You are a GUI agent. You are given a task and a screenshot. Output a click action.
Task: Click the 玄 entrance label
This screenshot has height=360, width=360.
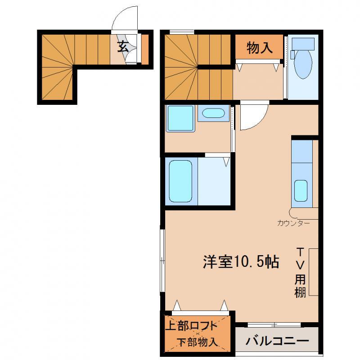click(x=122, y=47)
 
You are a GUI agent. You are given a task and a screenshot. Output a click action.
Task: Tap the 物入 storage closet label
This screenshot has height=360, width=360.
click(x=260, y=48)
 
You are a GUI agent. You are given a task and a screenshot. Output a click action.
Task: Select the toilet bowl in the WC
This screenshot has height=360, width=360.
click(x=303, y=64)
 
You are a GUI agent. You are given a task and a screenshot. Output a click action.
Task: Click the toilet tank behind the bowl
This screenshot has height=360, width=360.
click(x=303, y=44)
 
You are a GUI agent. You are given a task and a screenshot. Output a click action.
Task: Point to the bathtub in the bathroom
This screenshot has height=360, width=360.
click(x=181, y=181)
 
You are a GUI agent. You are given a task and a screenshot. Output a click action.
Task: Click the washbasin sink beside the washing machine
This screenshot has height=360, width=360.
click(x=213, y=113)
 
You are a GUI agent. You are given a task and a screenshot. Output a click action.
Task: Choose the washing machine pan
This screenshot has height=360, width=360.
click(x=180, y=118)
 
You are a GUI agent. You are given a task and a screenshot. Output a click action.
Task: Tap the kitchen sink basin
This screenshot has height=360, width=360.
click(x=301, y=190)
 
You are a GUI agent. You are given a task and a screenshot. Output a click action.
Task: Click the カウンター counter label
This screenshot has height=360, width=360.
click(x=293, y=223)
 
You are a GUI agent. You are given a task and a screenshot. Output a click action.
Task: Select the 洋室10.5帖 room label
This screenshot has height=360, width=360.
click(x=241, y=262)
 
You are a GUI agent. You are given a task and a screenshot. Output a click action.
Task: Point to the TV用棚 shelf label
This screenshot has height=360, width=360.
click(x=300, y=273)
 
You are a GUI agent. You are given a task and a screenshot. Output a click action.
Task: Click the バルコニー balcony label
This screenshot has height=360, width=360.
click(x=277, y=341)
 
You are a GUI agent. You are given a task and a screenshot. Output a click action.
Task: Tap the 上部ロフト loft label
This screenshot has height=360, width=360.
click(x=191, y=325)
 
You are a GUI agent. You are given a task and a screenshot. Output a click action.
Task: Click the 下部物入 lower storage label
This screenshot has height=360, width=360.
click(x=198, y=342)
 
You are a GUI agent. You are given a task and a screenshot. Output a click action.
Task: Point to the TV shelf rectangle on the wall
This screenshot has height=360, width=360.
click(x=313, y=272)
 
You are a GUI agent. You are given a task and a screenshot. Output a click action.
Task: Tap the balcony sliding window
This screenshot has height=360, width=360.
click(x=274, y=324)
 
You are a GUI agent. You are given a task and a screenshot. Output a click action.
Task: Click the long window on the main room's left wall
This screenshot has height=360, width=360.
click(x=162, y=261)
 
